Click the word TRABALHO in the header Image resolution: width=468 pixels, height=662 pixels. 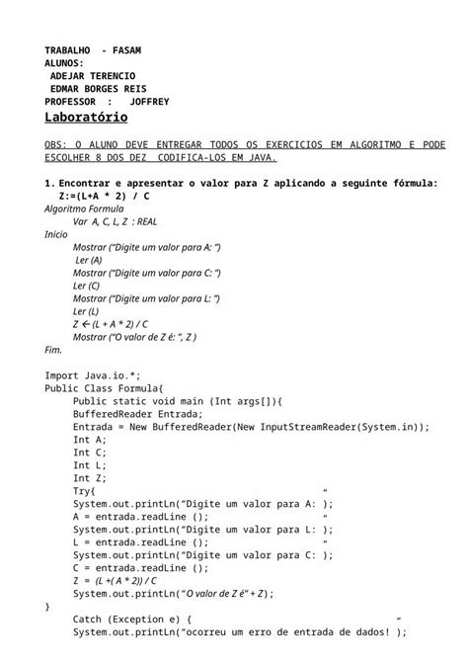68,50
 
